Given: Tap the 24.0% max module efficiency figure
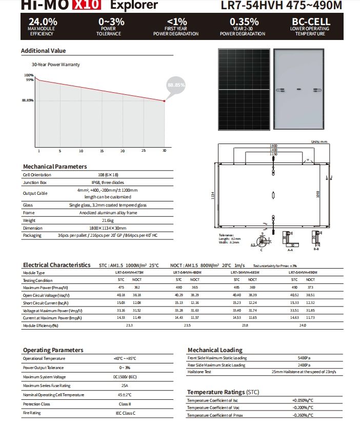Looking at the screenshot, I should [x=43, y=22].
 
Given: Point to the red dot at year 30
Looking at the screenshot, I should [x=164, y=101].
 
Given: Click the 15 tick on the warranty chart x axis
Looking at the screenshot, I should [x=102, y=151].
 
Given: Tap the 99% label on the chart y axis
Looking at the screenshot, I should [x=30, y=79].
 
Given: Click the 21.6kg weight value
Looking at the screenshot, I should [x=108, y=220].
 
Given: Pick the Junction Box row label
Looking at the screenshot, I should [x=35, y=182].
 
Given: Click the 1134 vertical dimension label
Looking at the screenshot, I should [x=213, y=196].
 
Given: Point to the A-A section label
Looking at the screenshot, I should [x=290, y=250].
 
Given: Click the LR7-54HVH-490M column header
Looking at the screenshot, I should [x=303, y=273].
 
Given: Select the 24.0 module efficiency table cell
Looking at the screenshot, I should [x=303, y=325].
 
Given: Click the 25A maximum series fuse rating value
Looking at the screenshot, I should [x=124, y=385].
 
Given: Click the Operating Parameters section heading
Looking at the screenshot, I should [x=53, y=350].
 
